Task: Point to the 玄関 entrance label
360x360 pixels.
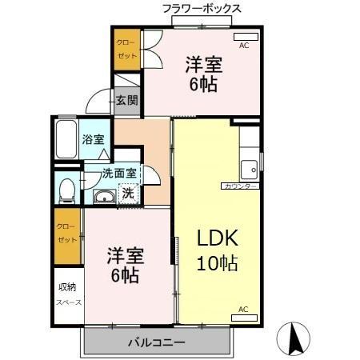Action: [126, 100]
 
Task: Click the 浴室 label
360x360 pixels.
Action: [94, 139]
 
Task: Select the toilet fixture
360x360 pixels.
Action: [68, 190]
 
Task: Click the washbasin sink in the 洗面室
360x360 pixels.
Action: [102, 198]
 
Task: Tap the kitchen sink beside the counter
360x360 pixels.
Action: [250, 169]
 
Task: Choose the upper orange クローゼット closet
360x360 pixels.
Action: [126, 50]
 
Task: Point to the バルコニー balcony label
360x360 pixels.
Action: [157, 342]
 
